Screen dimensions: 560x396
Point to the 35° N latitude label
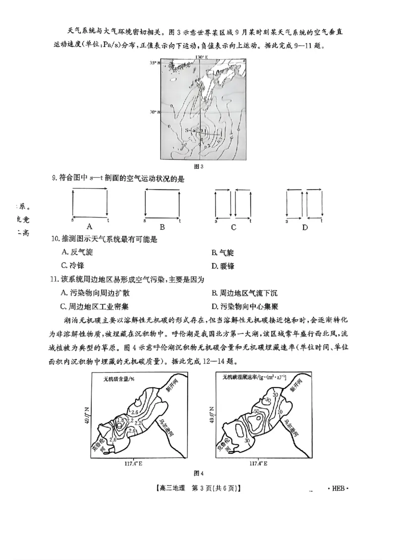tap(154, 63)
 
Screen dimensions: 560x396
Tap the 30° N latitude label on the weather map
tap(154, 112)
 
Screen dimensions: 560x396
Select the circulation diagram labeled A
tap(90, 203)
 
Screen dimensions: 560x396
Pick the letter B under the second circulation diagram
tap(162, 227)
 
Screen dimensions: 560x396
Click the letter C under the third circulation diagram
tap(233, 227)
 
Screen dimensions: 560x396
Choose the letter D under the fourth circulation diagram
tap(305, 227)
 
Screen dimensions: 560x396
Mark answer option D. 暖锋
tap(223, 266)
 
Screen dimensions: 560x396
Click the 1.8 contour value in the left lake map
tap(120, 420)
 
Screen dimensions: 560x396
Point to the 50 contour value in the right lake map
tap(256, 411)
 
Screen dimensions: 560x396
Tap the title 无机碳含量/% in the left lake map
tap(118, 380)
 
